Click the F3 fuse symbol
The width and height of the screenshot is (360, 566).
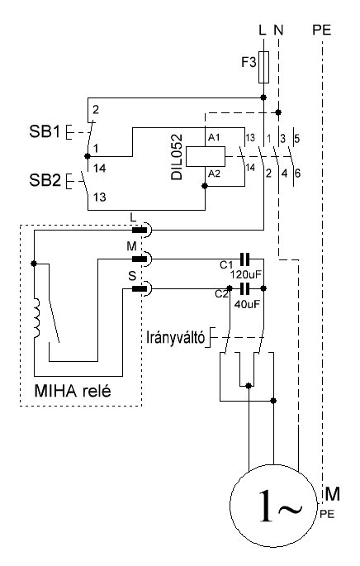pyautogui.click(x=263, y=67)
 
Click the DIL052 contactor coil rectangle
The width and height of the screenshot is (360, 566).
pyautogui.click(x=206, y=156)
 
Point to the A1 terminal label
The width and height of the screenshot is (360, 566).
pyautogui.click(x=214, y=137)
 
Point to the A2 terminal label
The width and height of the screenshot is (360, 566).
pyautogui.click(x=214, y=174)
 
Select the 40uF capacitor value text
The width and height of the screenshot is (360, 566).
pyautogui.click(x=247, y=304)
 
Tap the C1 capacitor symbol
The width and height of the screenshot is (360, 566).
pyautogui.click(x=245, y=259)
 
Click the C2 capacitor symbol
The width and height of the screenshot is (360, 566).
pyautogui.click(x=245, y=288)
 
